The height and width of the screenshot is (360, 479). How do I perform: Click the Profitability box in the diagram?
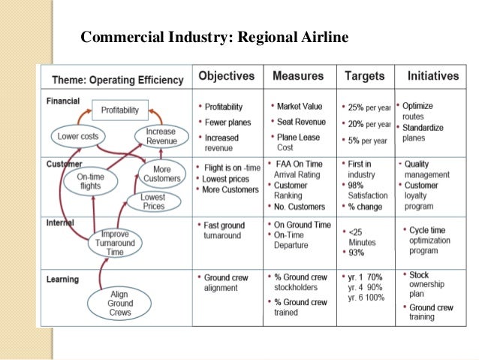tap(120, 110)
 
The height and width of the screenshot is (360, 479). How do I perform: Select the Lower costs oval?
tap(82, 137)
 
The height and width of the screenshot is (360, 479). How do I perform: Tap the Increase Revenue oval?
tap(161, 136)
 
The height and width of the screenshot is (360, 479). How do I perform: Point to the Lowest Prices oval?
tap(152, 201)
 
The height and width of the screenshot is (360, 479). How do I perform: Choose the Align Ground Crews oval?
tap(119, 302)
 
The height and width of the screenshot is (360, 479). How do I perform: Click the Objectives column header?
tap(226, 77)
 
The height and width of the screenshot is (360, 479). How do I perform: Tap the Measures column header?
tap(298, 77)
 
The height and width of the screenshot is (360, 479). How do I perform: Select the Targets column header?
tap(364, 77)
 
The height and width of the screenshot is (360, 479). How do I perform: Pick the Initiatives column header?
tap(432, 77)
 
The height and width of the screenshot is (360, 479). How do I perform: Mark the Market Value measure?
tap(299, 106)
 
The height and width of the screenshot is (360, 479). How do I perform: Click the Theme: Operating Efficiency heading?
tap(117, 80)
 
